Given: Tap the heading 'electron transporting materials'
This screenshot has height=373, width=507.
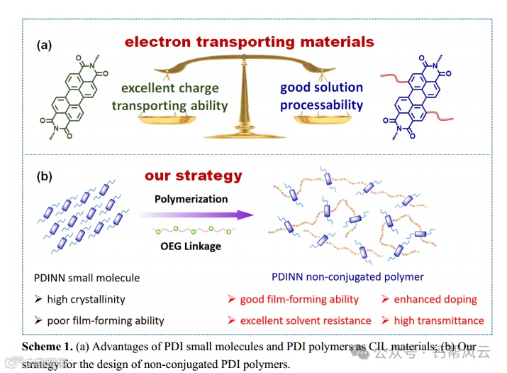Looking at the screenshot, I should click(x=249, y=42).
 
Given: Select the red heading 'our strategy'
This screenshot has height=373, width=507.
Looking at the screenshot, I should click(x=193, y=175).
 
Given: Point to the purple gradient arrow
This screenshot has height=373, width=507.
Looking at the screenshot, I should click(x=195, y=215).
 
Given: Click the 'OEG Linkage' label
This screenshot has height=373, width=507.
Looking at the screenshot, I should click(x=191, y=246).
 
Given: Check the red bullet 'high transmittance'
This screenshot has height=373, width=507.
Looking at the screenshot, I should click(x=433, y=320).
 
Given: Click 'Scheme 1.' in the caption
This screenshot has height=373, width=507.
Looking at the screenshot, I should click(x=47, y=347).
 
